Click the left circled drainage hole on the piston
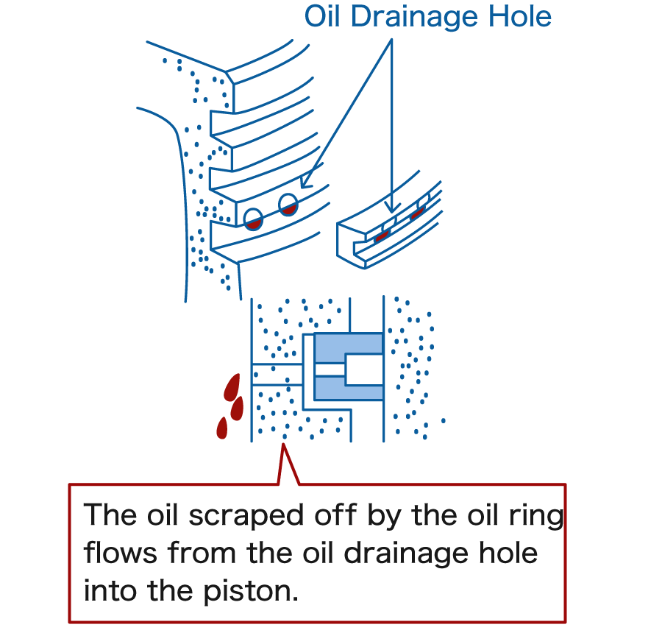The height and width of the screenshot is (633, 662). [x=254, y=219]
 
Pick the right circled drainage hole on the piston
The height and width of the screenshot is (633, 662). [x=288, y=205]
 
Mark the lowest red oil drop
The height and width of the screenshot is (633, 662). [x=221, y=427]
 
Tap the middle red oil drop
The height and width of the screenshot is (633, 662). [x=237, y=407]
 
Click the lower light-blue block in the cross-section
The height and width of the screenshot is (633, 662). [x=348, y=388]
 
